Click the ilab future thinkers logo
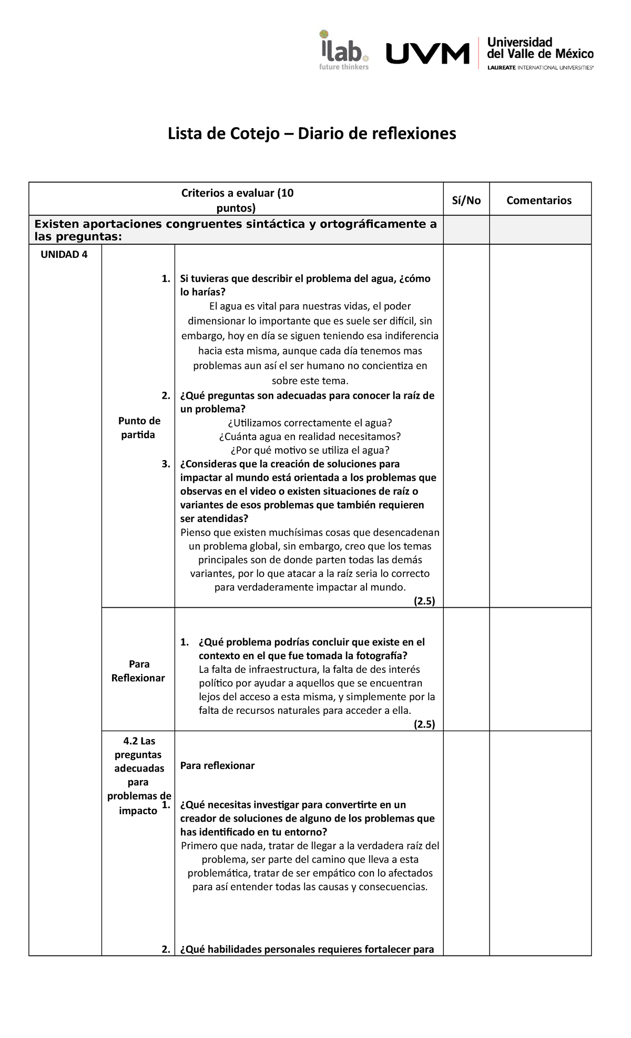coord(344,50)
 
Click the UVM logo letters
coord(428,54)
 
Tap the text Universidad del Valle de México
coord(540,48)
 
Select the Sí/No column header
coord(466,200)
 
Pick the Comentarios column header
coord(539,200)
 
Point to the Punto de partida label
coord(139,428)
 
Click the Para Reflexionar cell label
coord(138,671)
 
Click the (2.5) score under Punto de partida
coord(424,601)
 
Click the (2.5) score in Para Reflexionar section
coord(424,724)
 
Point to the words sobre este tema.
coord(310,381)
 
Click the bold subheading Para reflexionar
coord(217,765)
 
